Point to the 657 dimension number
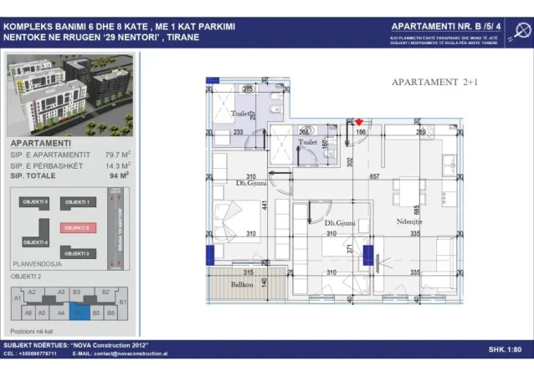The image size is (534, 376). coord(374,177)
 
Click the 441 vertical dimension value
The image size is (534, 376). coord(264,206)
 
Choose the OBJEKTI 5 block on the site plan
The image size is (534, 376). coord(35,202)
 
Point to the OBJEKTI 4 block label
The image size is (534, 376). coord(35,242)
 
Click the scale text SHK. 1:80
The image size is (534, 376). coord(505,349)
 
